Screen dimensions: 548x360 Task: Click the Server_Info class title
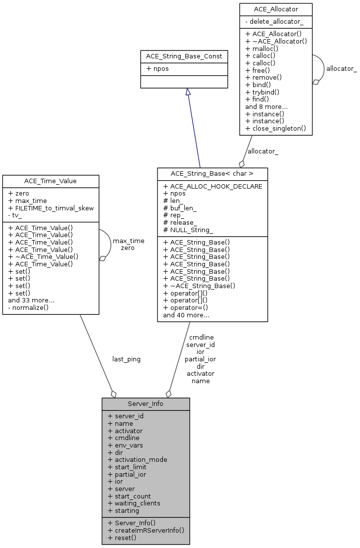[146, 404]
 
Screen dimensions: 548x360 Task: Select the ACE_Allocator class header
[275, 9]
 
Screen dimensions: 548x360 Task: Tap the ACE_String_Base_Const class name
[184, 56]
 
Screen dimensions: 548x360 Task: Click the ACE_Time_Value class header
[51, 181]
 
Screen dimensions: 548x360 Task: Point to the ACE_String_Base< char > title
[212, 174]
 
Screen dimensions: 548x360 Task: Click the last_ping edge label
[126, 359]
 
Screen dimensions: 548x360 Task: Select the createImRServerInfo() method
[146, 530]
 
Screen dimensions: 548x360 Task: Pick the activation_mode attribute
[137, 460]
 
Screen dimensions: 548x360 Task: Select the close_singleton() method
[275, 129]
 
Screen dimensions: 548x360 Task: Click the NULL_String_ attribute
[188, 230]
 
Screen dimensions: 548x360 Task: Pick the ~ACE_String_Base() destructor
[199, 286]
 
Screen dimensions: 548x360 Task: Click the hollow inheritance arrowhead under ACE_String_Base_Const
[188, 92]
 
